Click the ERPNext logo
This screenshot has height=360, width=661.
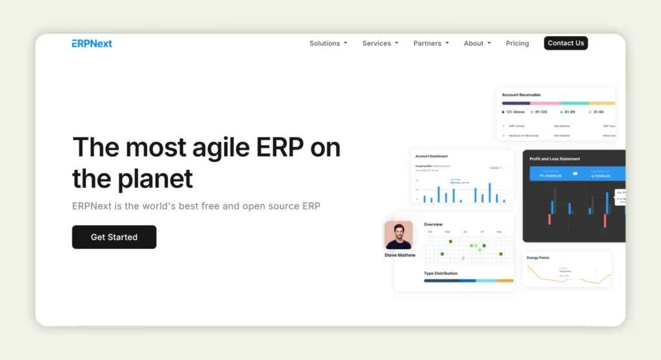(92, 43)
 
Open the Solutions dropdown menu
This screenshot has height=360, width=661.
(328, 43)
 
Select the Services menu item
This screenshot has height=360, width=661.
(380, 43)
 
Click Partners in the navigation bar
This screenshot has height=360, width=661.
(431, 43)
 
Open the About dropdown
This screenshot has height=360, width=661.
(477, 43)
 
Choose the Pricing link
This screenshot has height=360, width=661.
(517, 43)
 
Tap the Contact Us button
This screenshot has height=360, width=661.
(565, 43)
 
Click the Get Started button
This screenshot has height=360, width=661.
(114, 237)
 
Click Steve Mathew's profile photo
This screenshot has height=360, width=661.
(398, 235)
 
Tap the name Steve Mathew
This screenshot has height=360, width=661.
(400, 255)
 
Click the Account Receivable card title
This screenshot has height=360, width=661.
(521, 95)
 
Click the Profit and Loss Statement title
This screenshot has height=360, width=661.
(554, 159)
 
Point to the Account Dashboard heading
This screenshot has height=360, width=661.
(431, 156)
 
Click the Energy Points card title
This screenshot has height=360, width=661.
(538, 257)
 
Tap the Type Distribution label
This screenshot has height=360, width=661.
(440, 274)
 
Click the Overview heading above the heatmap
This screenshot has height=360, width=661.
(433, 225)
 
